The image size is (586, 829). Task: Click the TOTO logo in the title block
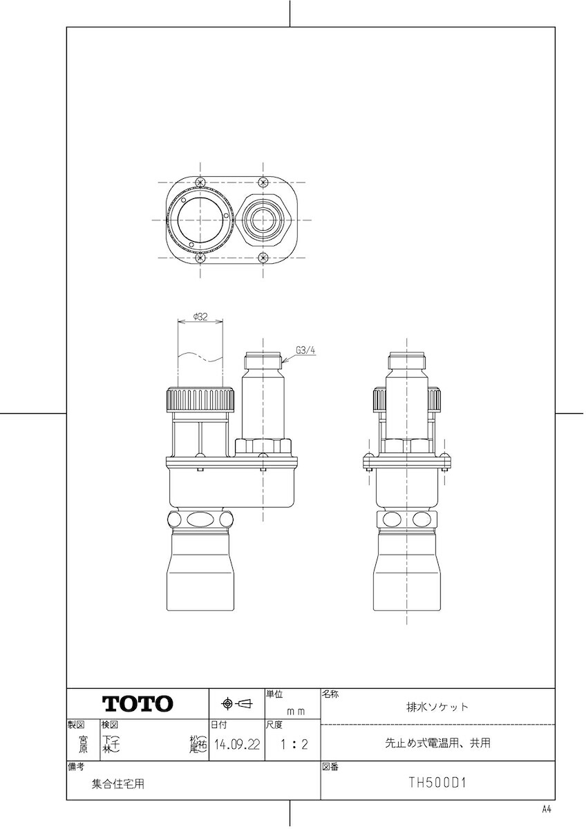(x=138, y=704)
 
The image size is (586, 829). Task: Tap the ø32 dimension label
(x=200, y=317)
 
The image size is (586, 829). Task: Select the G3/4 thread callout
(x=305, y=350)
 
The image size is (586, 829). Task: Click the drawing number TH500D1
(x=437, y=783)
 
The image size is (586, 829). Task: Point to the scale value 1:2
(x=292, y=745)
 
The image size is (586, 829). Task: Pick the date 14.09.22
(x=236, y=745)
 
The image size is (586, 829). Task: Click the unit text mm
(x=296, y=710)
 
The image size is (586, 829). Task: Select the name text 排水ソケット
(x=437, y=707)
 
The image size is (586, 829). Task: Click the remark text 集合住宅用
(x=118, y=784)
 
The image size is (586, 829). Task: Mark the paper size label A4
(x=547, y=809)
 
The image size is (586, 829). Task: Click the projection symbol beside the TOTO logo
(x=236, y=704)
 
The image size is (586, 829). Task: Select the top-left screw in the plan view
(x=200, y=182)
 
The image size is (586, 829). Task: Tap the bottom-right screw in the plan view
(x=263, y=258)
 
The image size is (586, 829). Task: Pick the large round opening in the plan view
(x=200, y=220)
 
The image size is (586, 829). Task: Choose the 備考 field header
(x=75, y=767)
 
